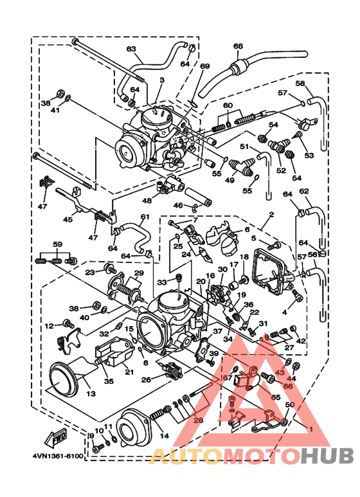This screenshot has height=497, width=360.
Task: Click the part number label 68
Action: click(239, 46)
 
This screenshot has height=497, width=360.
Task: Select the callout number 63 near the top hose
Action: click(131, 49)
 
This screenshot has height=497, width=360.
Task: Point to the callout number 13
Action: click(89, 393)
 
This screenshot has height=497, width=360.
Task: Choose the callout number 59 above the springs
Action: click(57, 244)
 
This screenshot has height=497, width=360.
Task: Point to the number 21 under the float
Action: click(129, 372)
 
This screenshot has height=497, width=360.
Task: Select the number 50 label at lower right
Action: click(289, 404)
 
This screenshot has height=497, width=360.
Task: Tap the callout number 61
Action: click(145, 217)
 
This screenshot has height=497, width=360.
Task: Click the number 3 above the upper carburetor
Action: click(162, 80)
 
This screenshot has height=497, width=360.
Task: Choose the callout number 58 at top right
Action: click(300, 84)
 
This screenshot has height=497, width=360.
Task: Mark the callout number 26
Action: click(146, 379)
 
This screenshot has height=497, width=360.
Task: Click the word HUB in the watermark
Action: click(327, 456)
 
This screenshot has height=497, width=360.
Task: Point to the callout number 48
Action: click(147, 201)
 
